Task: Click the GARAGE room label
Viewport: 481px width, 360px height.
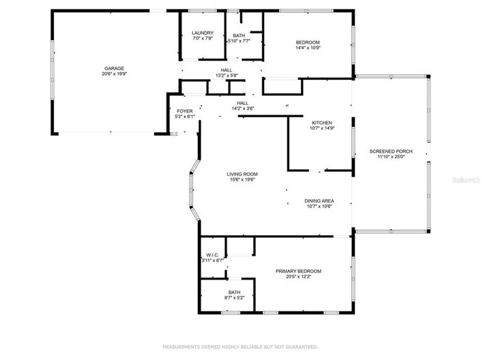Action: coord(113,68)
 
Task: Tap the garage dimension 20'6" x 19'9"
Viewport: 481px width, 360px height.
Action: coord(113,74)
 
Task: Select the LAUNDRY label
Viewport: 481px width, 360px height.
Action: coord(203,33)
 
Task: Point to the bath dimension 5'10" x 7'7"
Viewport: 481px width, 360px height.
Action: coord(239,41)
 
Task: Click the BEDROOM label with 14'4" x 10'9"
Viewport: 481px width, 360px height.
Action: coord(307,42)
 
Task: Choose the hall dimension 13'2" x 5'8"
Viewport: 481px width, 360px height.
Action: coord(225,76)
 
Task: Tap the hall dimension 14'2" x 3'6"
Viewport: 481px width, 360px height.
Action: coord(242,108)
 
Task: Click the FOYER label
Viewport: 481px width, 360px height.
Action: coord(185,110)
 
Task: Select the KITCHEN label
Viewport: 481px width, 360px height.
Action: coord(322,122)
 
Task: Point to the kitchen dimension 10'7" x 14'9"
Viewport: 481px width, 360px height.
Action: coord(322,128)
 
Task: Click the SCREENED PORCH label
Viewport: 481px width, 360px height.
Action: coord(390,151)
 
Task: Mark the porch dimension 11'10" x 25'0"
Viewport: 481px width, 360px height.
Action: coord(390,157)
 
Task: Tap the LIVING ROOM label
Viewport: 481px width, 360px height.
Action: coord(242,174)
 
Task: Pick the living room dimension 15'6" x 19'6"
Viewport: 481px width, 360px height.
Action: coord(242,180)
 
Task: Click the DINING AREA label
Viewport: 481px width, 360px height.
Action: coord(319,200)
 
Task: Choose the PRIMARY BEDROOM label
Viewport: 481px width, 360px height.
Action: coord(298,271)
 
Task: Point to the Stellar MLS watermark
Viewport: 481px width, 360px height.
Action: coord(463,181)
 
